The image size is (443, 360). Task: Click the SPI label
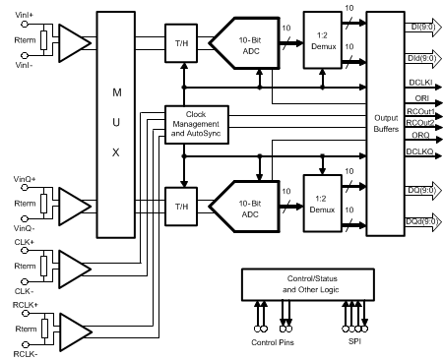click(356, 342)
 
